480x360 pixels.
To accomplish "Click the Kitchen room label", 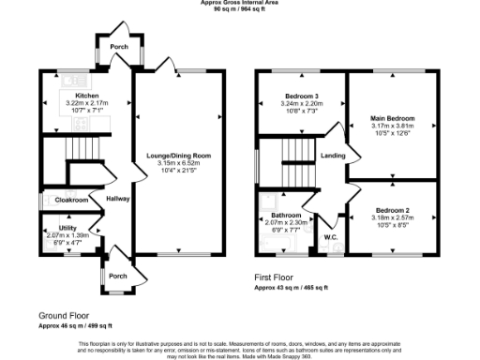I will [x=87, y=95].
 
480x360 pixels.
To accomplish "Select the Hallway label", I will [x=117, y=199].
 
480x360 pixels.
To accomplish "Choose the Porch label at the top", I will [x=119, y=46].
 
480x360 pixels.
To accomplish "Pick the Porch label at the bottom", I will [x=116, y=276].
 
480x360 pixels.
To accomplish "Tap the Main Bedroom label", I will [x=393, y=118].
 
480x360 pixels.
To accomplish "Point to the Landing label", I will [x=333, y=156].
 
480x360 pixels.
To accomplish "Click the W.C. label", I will [x=331, y=236].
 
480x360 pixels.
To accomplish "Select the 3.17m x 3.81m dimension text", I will [x=393, y=126].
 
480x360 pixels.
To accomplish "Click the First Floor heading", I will [x=280, y=277].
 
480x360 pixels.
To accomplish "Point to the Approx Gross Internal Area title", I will [x=239, y=3].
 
